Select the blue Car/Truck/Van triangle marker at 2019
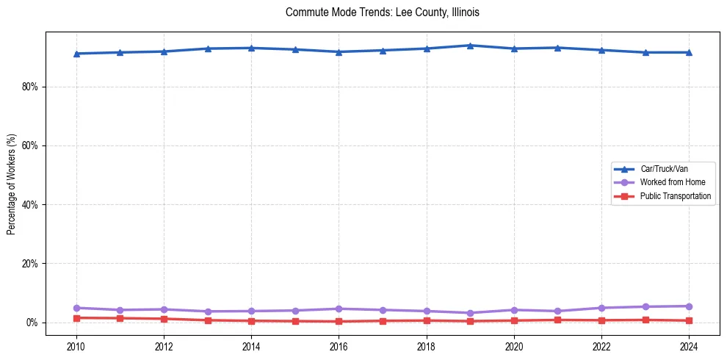pyautogui.click(x=470, y=46)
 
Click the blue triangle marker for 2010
pyautogui.click(x=76, y=54)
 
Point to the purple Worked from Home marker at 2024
pyautogui.click(x=689, y=306)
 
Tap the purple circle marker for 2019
pyautogui.click(x=470, y=313)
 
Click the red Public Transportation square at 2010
pyautogui.click(x=76, y=318)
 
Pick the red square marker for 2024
pyautogui.click(x=689, y=320)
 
